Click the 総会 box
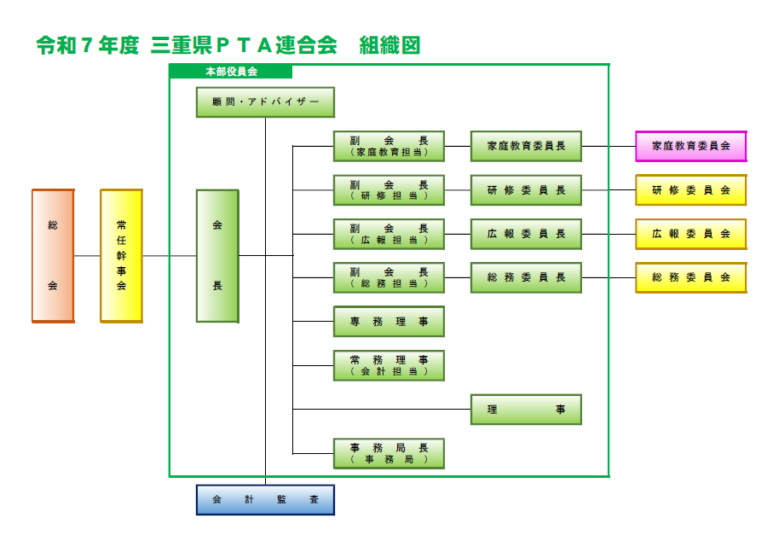[x=53, y=256]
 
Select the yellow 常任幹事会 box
[x=121, y=256]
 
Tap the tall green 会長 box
[x=217, y=256]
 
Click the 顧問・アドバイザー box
[x=265, y=102]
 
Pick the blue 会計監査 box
[x=265, y=500]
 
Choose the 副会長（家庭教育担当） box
[x=389, y=146]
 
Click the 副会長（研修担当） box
[x=389, y=189]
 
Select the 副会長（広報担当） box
[x=389, y=233]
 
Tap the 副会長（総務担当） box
[x=389, y=277]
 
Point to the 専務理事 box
[x=389, y=322]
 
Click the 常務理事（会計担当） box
[x=389, y=365]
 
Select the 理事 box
[x=526, y=410]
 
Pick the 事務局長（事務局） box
[x=389, y=453]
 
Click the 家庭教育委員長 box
[x=526, y=146]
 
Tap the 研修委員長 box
[x=526, y=189]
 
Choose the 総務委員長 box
[x=526, y=277]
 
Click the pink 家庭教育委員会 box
[x=690, y=146]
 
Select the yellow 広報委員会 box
[x=690, y=233]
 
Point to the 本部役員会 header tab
[x=231, y=72]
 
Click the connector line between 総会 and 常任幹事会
[x=87, y=256]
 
